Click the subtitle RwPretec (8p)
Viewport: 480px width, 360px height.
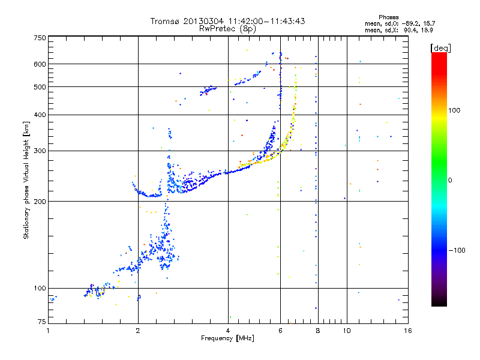pyautogui.click(x=227, y=29)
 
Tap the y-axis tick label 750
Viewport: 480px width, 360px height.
pyautogui.click(x=40, y=38)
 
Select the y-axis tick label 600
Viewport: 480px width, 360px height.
pyautogui.click(x=40, y=64)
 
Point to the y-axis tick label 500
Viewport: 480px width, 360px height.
pyautogui.click(x=40, y=87)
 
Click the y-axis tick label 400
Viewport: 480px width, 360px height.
pyautogui.click(x=40, y=115)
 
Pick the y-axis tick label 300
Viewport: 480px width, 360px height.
pyautogui.click(x=40, y=151)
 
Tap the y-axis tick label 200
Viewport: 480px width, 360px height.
pyautogui.click(x=40, y=202)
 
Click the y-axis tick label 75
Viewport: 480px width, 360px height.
pyautogui.click(x=42, y=322)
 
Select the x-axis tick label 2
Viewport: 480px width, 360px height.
pyautogui.click(x=138, y=331)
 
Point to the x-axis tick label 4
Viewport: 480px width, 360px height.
pyautogui.click(x=228, y=331)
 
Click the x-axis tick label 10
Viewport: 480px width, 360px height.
pyautogui.click(x=347, y=331)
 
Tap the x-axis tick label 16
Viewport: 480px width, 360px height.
pyautogui.click(x=408, y=331)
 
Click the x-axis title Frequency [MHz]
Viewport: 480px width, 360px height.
pyautogui.click(x=227, y=338)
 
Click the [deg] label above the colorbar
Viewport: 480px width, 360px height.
pyautogui.click(x=440, y=48)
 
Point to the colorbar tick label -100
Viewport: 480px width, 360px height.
pyautogui.click(x=457, y=250)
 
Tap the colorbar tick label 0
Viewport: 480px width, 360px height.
pyautogui.click(x=450, y=181)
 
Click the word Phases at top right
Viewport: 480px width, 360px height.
pyautogui.click(x=388, y=17)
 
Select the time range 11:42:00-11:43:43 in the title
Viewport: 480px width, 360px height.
pyautogui.click(x=266, y=21)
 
